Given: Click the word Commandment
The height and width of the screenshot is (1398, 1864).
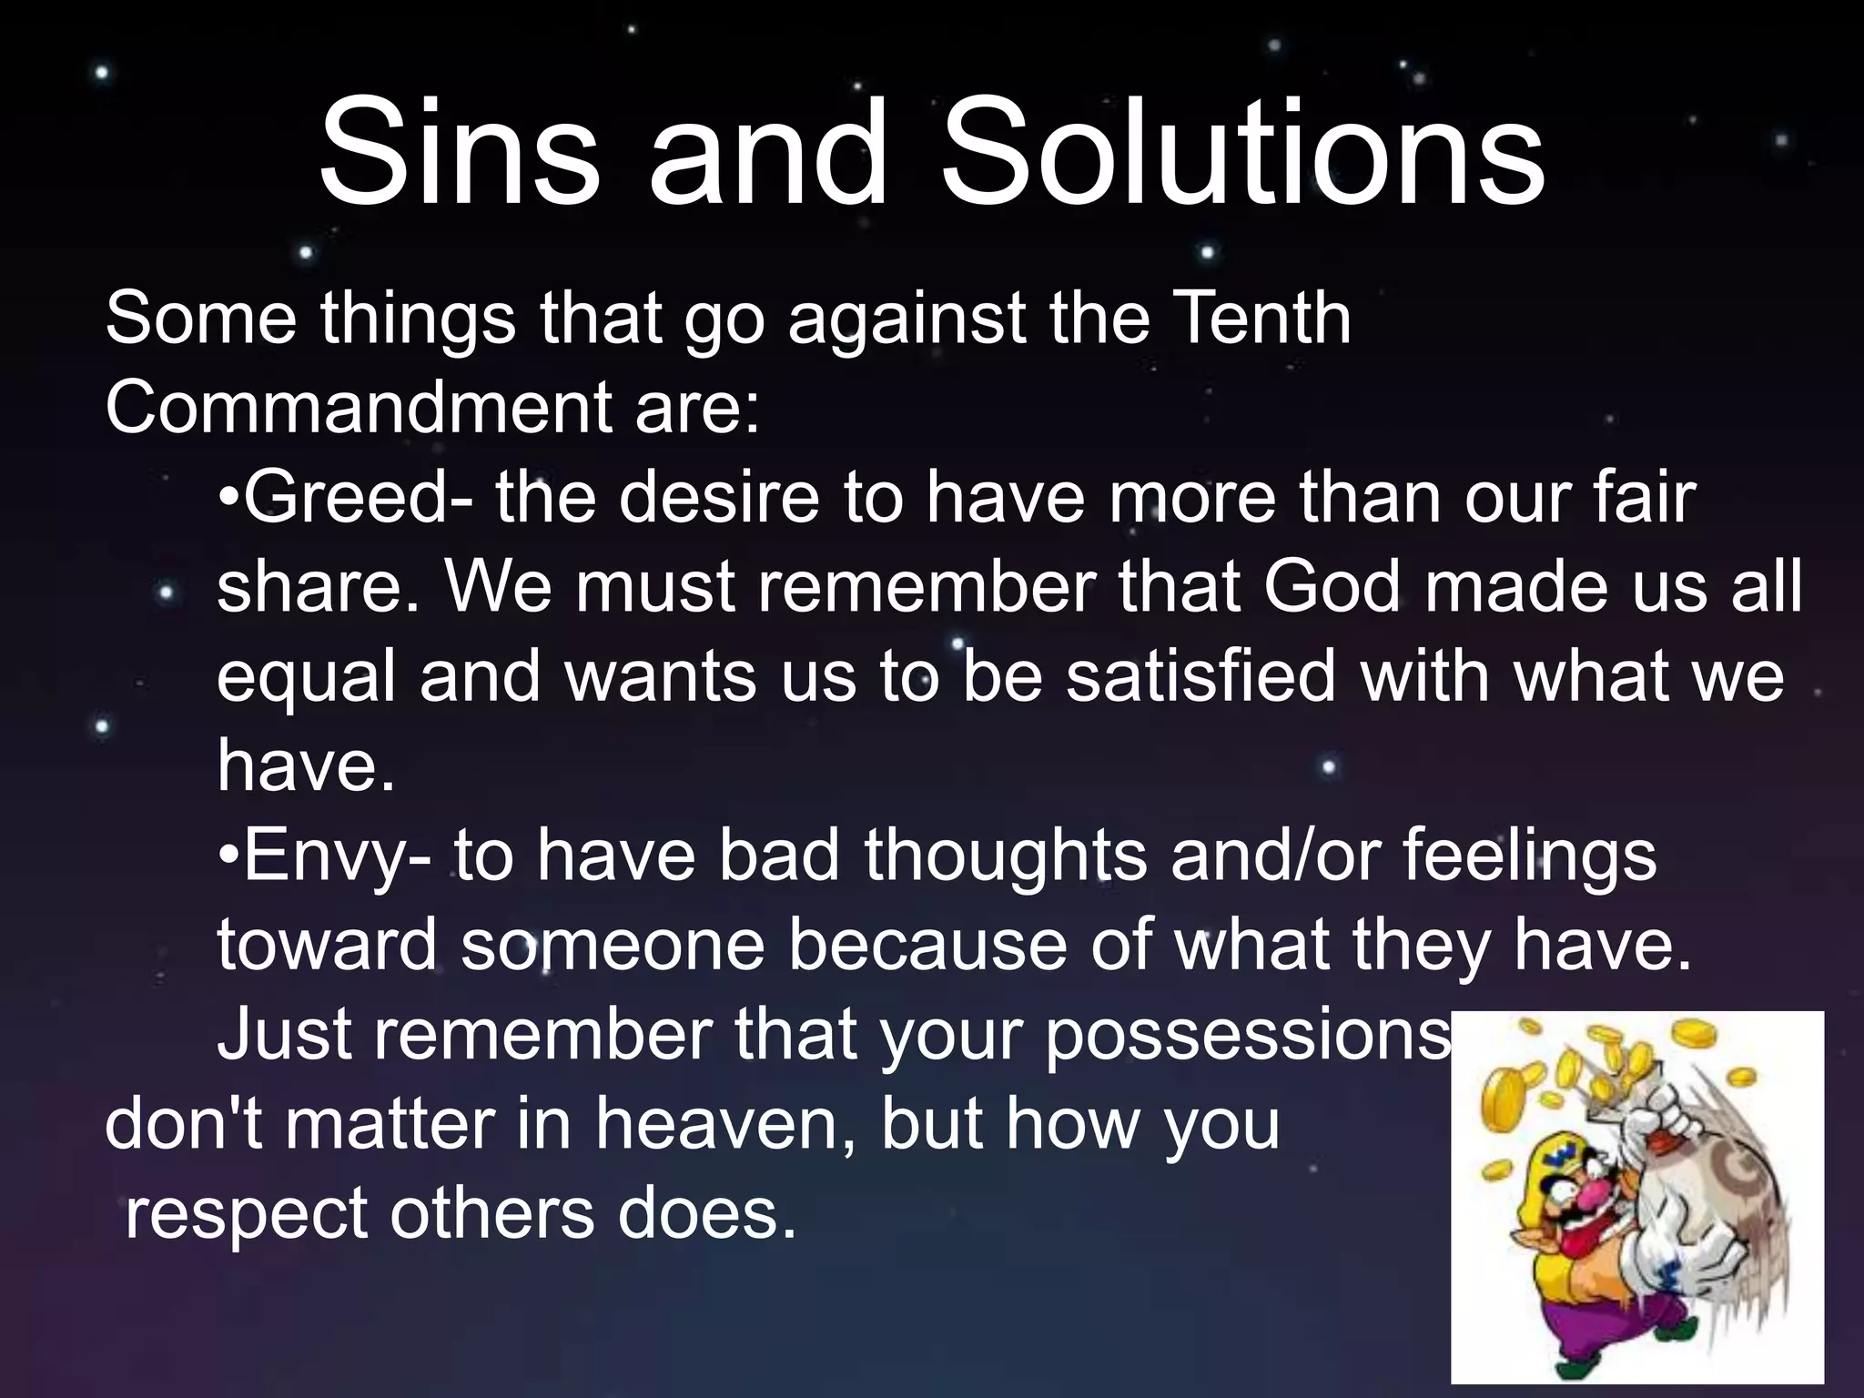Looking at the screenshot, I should (x=355, y=407).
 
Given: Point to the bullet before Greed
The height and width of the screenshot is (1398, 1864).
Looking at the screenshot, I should (x=228, y=501).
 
